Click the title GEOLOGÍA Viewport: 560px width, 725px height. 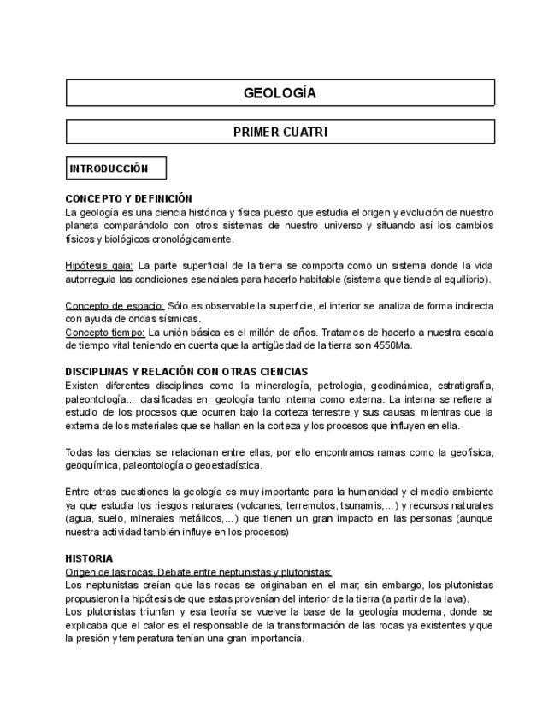(x=280, y=93)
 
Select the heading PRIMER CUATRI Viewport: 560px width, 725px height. (x=280, y=132)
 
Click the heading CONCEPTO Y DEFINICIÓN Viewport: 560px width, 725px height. (x=128, y=198)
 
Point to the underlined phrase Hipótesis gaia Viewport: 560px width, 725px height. (x=99, y=266)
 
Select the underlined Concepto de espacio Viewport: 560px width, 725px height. (x=115, y=305)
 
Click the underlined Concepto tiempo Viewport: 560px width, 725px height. (x=105, y=332)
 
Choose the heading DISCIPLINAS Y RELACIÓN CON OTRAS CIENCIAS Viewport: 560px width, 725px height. (x=186, y=372)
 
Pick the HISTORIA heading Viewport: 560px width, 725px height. (x=89, y=558)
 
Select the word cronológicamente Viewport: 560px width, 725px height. (x=188, y=239)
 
